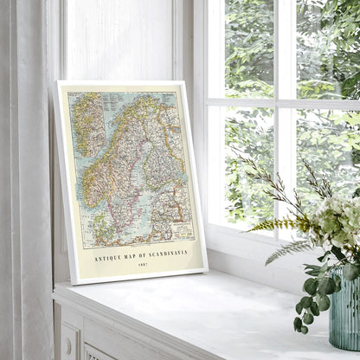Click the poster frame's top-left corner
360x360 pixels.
click(59, 83)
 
